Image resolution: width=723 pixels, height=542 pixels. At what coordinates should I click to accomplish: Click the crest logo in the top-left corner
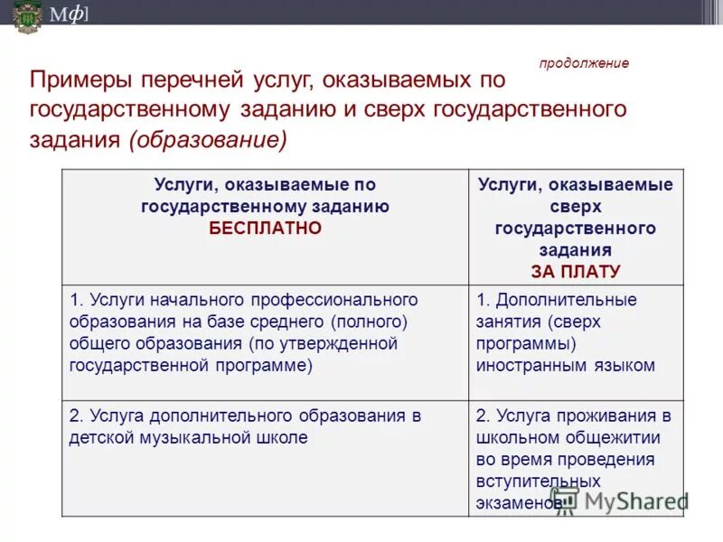27,16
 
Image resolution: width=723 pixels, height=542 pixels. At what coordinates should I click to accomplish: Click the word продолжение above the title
584,63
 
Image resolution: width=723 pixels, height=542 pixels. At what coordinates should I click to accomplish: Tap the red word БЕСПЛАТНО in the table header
265,228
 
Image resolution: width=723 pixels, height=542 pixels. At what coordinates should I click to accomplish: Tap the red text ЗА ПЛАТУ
575,271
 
